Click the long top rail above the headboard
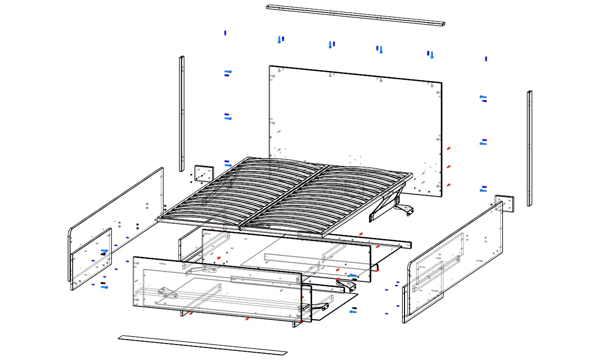pyautogui.click(x=356, y=15)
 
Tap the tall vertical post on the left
pyautogui.click(x=182, y=114)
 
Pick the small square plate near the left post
pyautogui.click(x=204, y=174)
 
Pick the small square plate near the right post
pyautogui.click(x=504, y=203)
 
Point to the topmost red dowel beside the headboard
pyautogui.click(x=449, y=148)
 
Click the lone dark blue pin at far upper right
pyautogui.click(x=486, y=59)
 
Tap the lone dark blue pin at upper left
pyautogui.click(x=225, y=33)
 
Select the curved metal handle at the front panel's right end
pyautogui.click(x=319, y=305)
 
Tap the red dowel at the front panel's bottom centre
pyautogui.click(x=247, y=318)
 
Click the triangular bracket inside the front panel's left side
pyautogui.click(x=167, y=292)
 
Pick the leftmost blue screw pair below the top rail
pyautogui.click(x=281, y=39)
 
